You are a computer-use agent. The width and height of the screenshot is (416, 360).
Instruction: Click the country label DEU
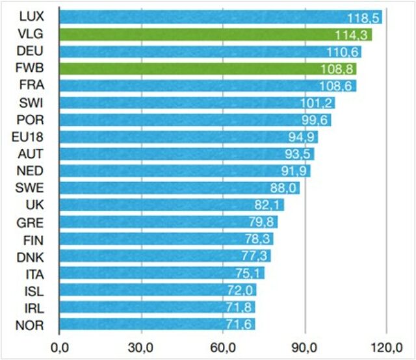(31, 51)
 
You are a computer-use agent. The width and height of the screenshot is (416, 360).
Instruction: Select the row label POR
(31, 120)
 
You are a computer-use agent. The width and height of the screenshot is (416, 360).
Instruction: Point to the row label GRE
(31, 222)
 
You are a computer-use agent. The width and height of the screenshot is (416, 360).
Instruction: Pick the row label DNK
(31, 256)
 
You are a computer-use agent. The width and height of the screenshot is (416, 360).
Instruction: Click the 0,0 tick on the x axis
(59, 344)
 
